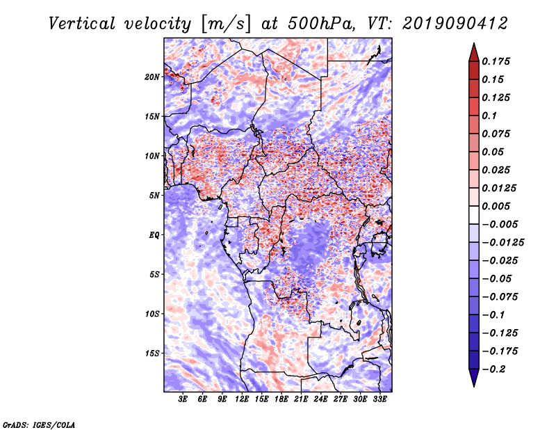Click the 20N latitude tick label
(x=152, y=77)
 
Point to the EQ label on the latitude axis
(x=154, y=235)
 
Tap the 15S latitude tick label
(x=152, y=353)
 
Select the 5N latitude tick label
(x=154, y=196)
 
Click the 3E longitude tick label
(x=183, y=399)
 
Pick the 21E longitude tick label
(x=301, y=399)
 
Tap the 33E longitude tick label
(x=379, y=399)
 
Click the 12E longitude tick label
(x=242, y=399)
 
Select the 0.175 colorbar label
(x=496, y=61)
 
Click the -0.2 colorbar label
(x=494, y=369)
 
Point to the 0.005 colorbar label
(x=496, y=206)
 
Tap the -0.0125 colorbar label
(x=502, y=243)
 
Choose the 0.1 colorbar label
(x=489, y=116)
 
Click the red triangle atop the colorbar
(x=474, y=52)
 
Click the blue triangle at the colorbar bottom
(x=474, y=378)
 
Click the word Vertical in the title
(x=82, y=24)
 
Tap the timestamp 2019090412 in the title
(x=455, y=24)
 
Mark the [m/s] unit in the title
(x=226, y=24)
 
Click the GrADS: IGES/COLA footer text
(x=39, y=425)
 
